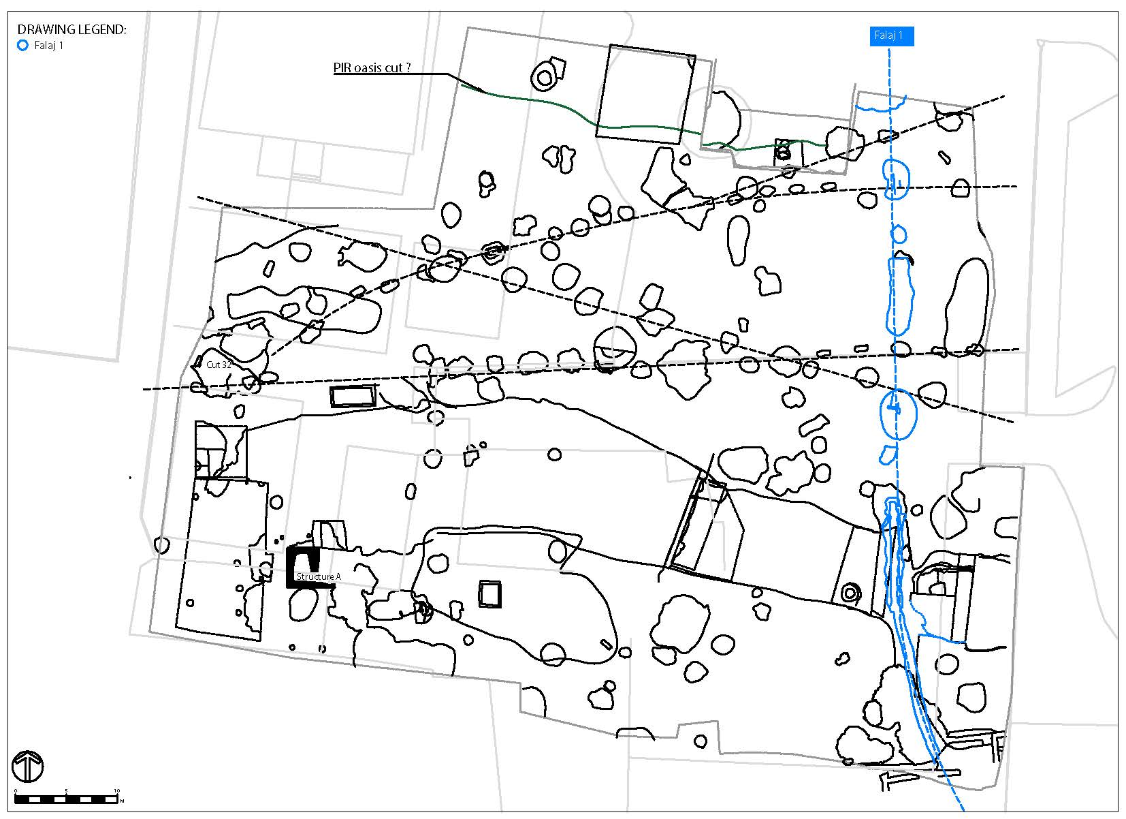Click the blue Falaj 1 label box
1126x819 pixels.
point(890,36)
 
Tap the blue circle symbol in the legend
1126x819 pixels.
point(22,46)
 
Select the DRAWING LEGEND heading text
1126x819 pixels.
point(71,30)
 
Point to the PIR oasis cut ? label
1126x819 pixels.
point(372,68)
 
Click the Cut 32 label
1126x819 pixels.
point(219,365)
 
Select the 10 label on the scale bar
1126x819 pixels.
point(117,791)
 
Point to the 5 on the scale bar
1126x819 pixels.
point(66,791)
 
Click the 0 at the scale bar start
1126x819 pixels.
point(16,791)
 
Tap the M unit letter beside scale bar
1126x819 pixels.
point(122,801)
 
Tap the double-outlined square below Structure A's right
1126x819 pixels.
point(489,593)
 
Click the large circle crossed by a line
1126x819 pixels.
point(614,349)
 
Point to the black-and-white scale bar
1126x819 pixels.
point(66,799)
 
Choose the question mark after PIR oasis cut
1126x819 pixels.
point(408,68)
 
